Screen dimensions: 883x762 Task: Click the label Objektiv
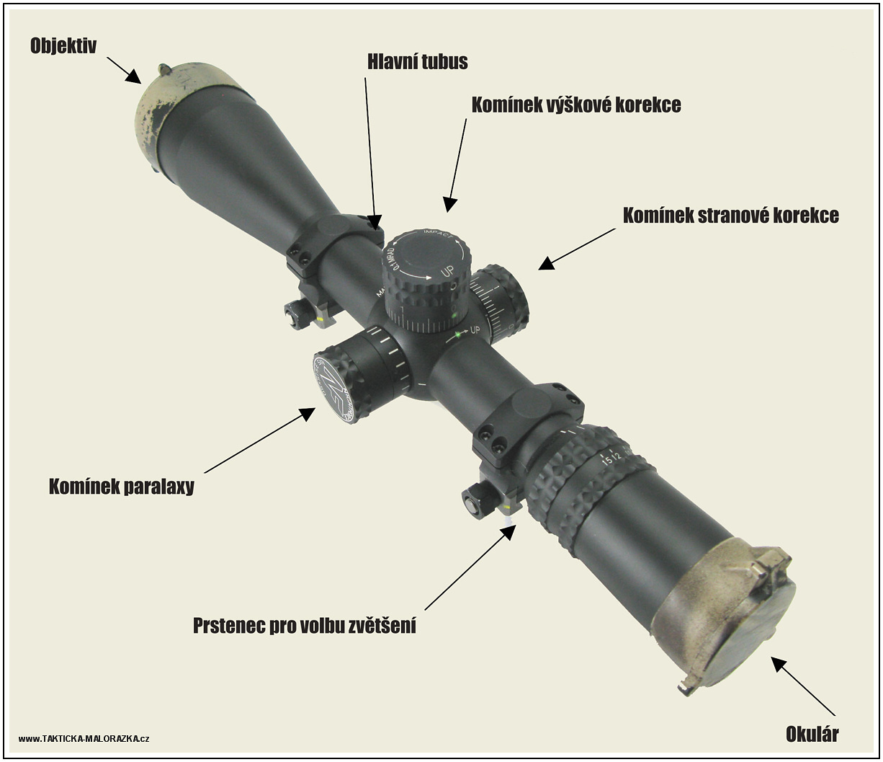pyautogui.click(x=63, y=45)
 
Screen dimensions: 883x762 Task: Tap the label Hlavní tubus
pyautogui.click(x=417, y=61)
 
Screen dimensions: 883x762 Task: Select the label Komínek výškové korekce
pyautogui.click(x=576, y=105)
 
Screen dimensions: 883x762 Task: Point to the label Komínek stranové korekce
pyautogui.click(x=731, y=215)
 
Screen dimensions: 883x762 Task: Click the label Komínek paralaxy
pyautogui.click(x=122, y=486)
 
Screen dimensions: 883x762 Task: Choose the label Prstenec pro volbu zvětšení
pyautogui.click(x=305, y=625)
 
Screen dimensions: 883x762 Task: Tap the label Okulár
pyautogui.click(x=812, y=735)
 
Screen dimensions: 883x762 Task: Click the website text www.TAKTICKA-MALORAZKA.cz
pyautogui.click(x=84, y=738)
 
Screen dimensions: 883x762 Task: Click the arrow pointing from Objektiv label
pyautogui.click(x=124, y=70)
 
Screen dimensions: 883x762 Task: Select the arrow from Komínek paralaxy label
pyautogui.click(x=260, y=440)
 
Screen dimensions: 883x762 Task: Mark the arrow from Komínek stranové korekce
pyautogui.click(x=577, y=249)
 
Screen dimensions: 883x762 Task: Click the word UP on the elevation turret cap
pyautogui.click(x=447, y=271)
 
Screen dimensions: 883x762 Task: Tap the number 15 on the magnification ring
pyautogui.click(x=605, y=461)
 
